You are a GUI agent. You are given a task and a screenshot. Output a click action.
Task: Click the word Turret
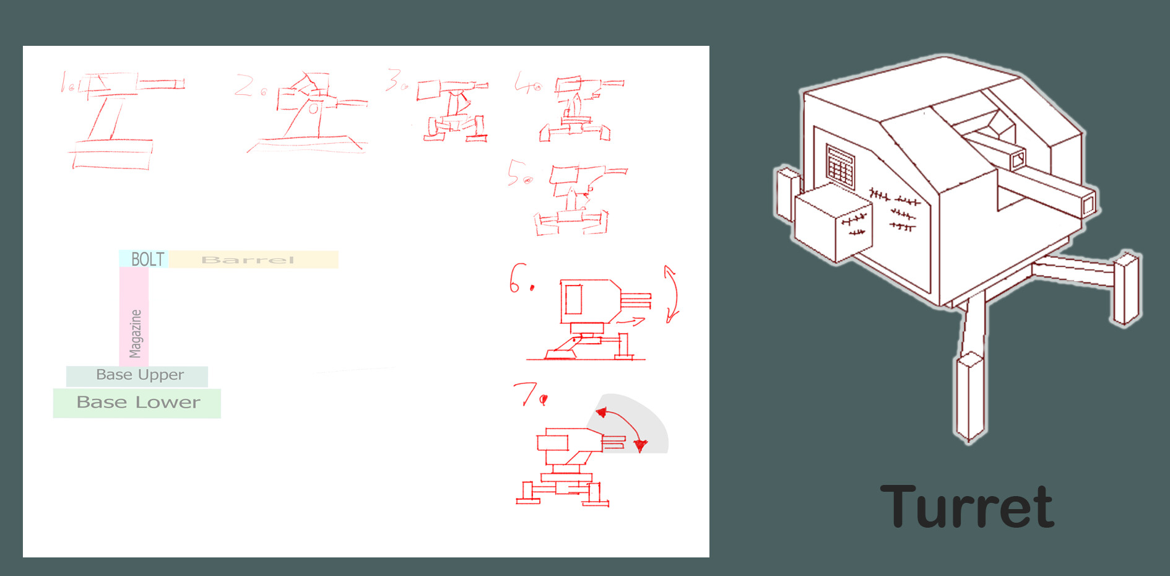click(x=967, y=507)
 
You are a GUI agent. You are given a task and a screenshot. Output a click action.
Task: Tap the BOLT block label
click(x=148, y=259)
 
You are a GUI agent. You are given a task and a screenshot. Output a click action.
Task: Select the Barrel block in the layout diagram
click(x=254, y=260)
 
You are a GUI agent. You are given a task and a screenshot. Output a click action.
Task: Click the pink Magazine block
click(x=134, y=316)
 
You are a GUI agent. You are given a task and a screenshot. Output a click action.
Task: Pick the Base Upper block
click(x=137, y=376)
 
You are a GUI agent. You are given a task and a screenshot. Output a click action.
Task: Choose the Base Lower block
click(x=137, y=403)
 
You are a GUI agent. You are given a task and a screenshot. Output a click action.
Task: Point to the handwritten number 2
click(x=244, y=85)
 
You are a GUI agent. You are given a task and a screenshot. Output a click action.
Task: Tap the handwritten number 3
click(x=393, y=80)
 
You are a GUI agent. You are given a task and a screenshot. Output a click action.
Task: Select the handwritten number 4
click(x=523, y=82)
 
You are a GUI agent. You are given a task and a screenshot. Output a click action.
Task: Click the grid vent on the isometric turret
click(x=840, y=166)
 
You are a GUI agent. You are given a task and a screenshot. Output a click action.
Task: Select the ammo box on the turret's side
click(x=833, y=224)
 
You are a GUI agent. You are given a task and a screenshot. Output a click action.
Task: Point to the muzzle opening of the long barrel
click(x=1088, y=204)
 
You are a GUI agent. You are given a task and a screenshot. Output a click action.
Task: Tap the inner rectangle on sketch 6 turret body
click(x=574, y=299)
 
